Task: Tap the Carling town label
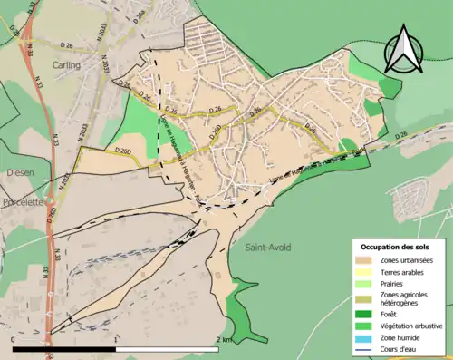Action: click(65, 65)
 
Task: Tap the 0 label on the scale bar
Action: click(14, 339)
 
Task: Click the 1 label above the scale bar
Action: click(118, 339)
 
